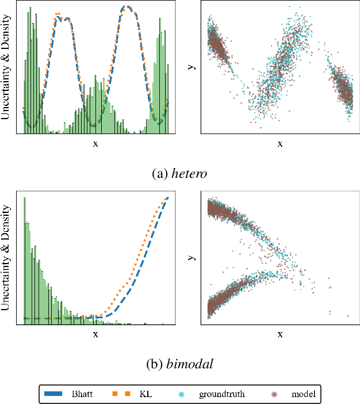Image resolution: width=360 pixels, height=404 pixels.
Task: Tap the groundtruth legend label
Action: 222,394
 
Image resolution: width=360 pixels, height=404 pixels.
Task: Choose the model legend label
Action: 302,394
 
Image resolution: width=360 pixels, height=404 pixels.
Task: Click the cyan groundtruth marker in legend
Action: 181,394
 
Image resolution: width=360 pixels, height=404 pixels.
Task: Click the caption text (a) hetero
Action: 180,172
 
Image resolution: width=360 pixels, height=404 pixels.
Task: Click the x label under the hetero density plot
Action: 95,144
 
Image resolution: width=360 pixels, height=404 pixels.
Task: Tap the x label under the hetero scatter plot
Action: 280,144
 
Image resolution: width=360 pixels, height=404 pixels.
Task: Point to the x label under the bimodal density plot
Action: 95,334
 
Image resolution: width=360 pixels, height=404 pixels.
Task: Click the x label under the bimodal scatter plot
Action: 280,334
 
